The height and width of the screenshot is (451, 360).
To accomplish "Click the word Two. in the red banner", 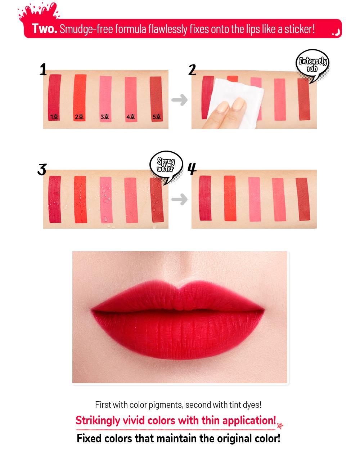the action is coord(44,28).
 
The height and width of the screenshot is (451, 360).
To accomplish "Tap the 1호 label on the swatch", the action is coord(54,117).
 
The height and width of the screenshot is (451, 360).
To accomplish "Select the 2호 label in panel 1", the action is coord(79,117).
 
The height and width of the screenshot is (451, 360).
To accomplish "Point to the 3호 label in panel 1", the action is coord(105,117).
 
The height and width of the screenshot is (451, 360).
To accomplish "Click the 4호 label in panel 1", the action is coord(130,117).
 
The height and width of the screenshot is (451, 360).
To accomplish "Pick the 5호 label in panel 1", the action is coord(157,117).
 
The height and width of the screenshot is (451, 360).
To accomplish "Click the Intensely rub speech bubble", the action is coord(312,64).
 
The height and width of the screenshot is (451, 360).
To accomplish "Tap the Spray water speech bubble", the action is coord(166,166).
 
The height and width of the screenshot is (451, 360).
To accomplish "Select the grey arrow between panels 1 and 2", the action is coord(180,100).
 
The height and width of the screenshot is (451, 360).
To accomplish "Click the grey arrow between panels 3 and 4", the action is coord(180,199).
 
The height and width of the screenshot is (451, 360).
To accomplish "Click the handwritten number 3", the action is coord(42,169).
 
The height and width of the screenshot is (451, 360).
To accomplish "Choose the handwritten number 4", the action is coord(192,168).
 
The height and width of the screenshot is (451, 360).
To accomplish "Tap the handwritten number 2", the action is coord(192,70).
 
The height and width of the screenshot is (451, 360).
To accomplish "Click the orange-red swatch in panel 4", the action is coord(230,198).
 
